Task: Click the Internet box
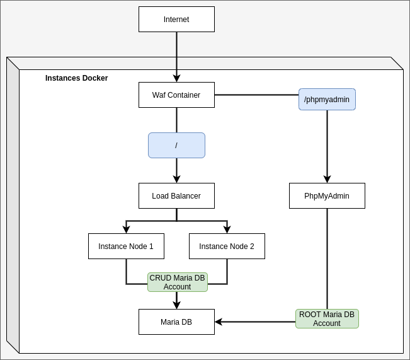[x=176, y=19]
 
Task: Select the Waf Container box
[x=176, y=95]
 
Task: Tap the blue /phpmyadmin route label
[x=327, y=99]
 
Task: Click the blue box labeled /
[x=176, y=145]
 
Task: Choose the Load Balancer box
[x=176, y=195]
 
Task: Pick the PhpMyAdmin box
[x=327, y=195]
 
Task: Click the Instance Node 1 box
[x=126, y=246]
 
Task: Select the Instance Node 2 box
[x=227, y=246]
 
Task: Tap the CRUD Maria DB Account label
[x=177, y=282]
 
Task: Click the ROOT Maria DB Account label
[x=327, y=318]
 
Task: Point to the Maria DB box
[x=176, y=322]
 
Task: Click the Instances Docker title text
[x=76, y=78]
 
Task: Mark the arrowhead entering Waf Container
[x=176, y=78]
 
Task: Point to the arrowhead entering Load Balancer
[x=176, y=179]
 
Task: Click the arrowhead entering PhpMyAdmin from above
[x=327, y=179]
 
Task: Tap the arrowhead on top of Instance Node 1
[x=126, y=229]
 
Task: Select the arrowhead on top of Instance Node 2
[x=227, y=229]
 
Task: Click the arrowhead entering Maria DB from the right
[x=219, y=322]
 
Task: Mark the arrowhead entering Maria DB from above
[x=176, y=305]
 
